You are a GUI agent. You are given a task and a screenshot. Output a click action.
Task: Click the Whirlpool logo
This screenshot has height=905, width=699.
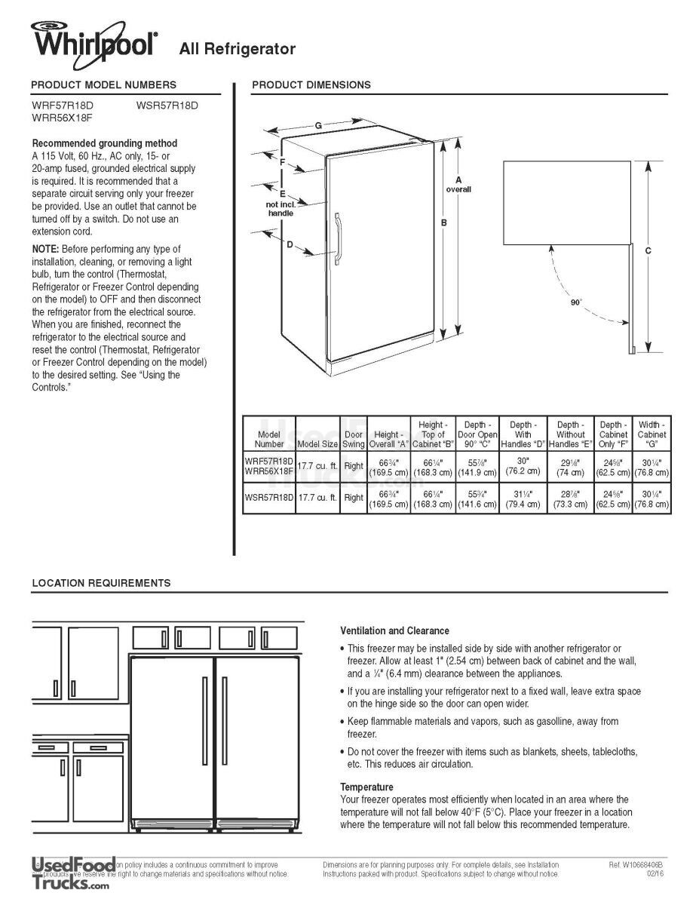point(94,40)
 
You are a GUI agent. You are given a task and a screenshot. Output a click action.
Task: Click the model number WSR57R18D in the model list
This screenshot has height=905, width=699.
point(167,106)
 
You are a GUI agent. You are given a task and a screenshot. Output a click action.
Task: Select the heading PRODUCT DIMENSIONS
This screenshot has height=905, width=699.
point(311,84)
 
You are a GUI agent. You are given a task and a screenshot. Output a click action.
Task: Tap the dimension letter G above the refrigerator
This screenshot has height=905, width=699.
point(319,125)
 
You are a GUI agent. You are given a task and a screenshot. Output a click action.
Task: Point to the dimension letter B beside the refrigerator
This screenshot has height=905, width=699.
point(444,222)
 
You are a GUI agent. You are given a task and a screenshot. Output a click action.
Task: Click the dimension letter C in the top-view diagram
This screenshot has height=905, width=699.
point(648,250)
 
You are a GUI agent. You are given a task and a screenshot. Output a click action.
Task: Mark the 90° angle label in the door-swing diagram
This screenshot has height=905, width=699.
point(576,302)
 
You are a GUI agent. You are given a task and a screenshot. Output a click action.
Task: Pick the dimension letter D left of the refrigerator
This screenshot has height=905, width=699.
point(290,244)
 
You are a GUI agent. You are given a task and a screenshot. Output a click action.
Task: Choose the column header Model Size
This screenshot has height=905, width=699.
point(317,444)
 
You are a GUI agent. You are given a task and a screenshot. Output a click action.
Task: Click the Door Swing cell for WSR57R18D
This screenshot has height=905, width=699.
point(354,498)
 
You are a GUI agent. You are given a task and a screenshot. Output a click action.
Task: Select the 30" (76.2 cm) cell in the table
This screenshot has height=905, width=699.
point(523,465)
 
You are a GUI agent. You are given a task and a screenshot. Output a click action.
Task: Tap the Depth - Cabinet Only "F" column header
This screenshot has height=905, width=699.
point(612,434)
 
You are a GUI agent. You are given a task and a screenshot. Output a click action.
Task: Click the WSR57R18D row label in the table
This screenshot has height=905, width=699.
point(268,498)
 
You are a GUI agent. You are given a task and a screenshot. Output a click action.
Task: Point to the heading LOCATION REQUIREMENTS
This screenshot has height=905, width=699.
point(101,583)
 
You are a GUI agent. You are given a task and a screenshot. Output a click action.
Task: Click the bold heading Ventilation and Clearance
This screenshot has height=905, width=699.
point(394,630)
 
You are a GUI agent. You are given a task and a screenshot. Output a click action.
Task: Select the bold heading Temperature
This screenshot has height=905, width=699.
point(366,787)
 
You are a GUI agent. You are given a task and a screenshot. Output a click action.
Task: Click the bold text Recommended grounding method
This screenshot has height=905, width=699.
point(105,143)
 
